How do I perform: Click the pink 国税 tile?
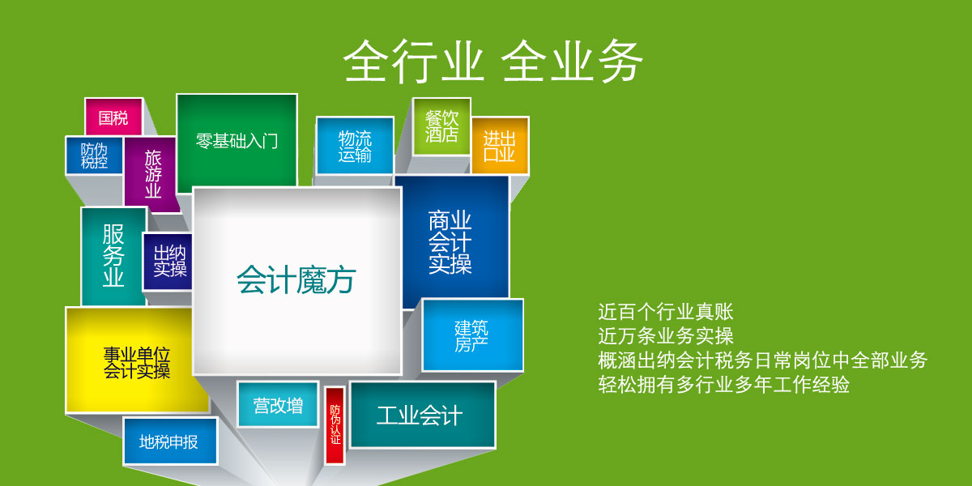point(113,117)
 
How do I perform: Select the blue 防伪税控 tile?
point(94,156)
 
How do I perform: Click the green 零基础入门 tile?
point(237,142)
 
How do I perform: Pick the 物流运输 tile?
point(355,146)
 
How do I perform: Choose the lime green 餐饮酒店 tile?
point(441,126)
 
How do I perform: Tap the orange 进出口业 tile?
point(500,146)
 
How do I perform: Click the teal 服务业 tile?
point(113,256)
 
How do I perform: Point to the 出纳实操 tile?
point(168,261)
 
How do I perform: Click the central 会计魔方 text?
point(296,280)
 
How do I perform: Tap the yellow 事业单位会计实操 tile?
point(136,360)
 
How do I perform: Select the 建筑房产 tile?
point(472,335)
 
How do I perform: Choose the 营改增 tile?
point(278,405)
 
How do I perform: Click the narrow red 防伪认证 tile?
point(335,426)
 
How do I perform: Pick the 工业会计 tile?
point(423,415)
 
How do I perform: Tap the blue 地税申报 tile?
point(170,441)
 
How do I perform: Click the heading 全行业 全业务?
point(493,62)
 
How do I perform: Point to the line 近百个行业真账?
point(666,312)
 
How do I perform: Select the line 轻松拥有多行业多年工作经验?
point(724,385)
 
